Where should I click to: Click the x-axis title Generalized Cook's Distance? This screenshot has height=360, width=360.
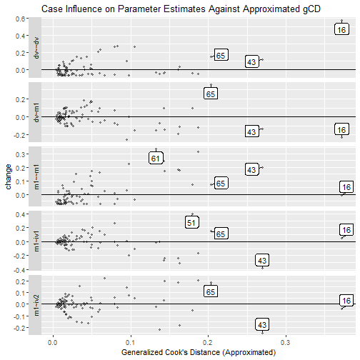198,352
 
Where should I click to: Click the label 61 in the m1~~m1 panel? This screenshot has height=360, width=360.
156,158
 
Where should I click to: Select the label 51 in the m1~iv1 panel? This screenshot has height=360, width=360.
191,223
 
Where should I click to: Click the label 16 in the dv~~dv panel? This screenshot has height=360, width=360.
342,30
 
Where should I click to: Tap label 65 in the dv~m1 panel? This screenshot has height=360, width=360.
211,94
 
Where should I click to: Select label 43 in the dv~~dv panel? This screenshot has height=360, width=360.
251,62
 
